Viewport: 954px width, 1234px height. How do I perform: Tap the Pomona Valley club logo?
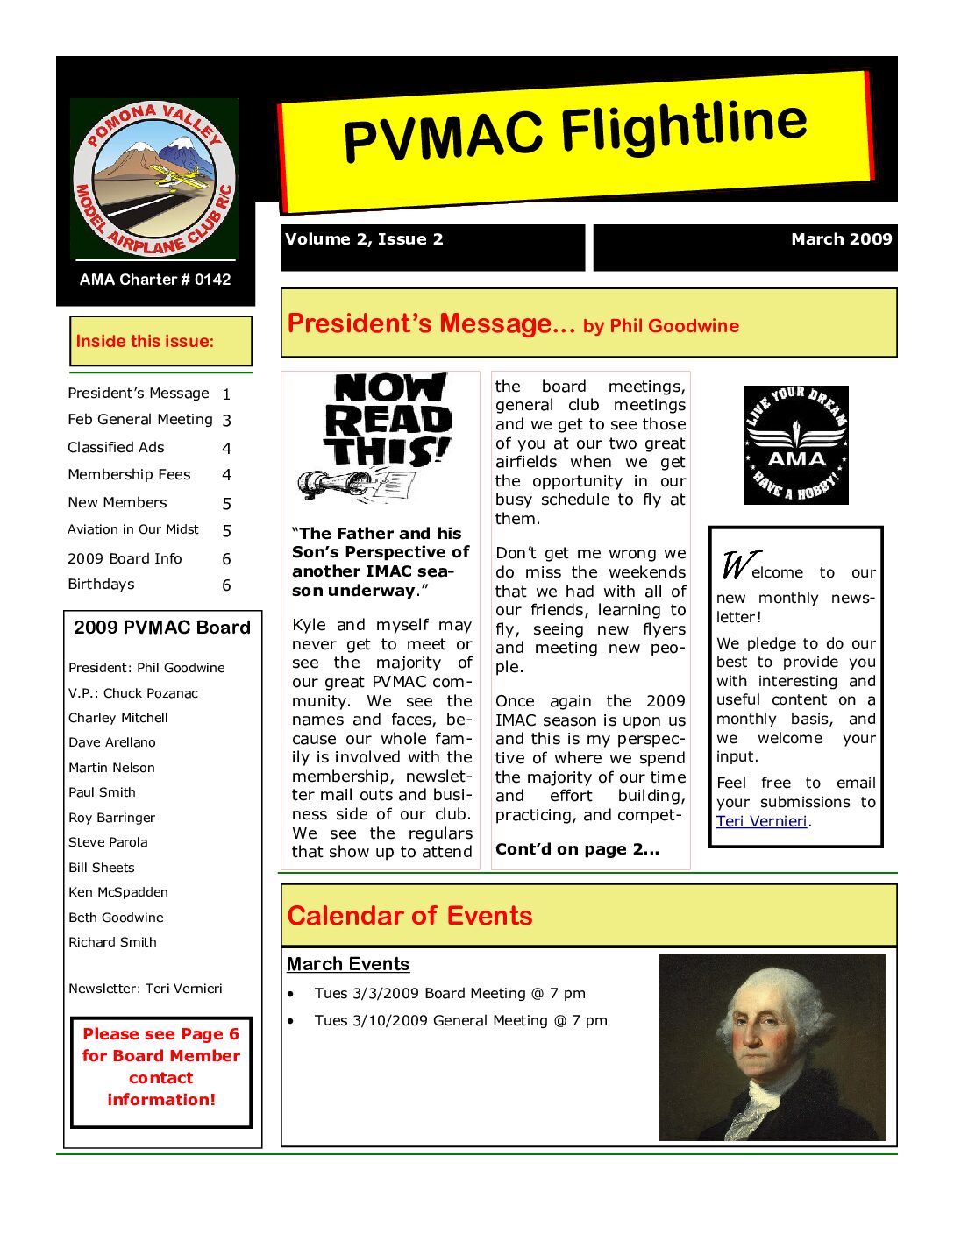[154, 179]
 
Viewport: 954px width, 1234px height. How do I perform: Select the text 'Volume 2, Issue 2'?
[364, 239]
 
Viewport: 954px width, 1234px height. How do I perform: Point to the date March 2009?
[841, 239]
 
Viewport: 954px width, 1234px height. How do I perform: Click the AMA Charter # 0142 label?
[155, 280]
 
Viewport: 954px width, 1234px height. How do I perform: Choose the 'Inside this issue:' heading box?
[160, 341]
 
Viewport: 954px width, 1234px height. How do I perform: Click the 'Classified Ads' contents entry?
[116, 447]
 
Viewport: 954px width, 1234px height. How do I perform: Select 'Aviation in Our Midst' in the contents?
[133, 529]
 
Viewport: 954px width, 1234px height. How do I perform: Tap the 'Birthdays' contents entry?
[101, 584]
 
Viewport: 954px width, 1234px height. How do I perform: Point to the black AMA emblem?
[795, 445]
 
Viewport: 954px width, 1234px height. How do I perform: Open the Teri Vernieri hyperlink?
[761, 821]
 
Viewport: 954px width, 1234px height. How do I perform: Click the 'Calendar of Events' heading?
[409, 916]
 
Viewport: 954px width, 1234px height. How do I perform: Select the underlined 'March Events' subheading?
[348, 964]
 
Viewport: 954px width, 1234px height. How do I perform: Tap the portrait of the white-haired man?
[772, 1047]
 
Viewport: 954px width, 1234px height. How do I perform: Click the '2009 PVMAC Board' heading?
[162, 628]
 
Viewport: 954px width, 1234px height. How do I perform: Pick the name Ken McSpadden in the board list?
[118, 892]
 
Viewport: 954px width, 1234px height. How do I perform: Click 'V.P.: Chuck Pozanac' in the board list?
[133, 692]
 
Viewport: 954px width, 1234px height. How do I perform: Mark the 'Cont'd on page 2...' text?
[577, 849]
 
